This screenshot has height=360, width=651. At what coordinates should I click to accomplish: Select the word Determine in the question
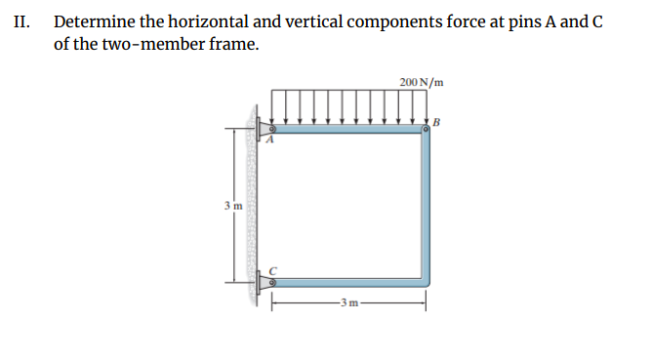pyautogui.click(x=94, y=21)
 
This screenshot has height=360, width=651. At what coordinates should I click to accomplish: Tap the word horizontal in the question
pyautogui.click(x=209, y=21)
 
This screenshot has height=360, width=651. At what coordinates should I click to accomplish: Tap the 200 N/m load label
pyautogui.click(x=422, y=81)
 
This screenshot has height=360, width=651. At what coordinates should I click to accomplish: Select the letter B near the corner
pyautogui.click(x=436, y=122)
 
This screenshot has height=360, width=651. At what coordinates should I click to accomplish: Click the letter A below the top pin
pyautogui.click(x=272, y=141)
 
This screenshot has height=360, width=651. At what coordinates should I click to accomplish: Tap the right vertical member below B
pyautogui.click(x=426, y=205)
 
